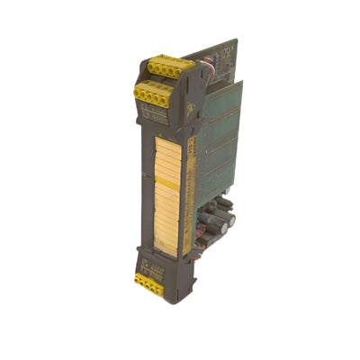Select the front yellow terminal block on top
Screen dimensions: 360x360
155,91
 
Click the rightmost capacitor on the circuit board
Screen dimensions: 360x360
230,220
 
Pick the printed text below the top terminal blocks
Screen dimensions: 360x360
155,113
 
